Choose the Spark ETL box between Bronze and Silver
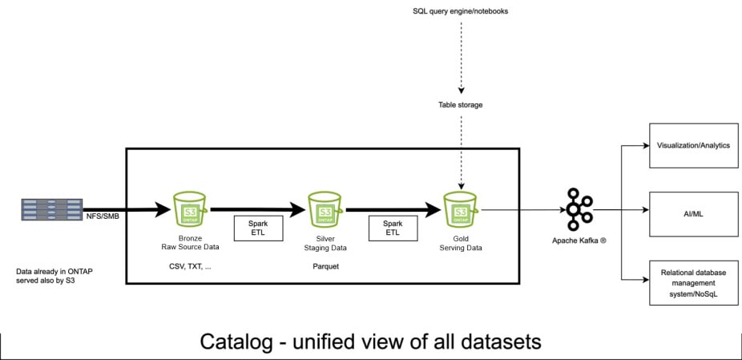(x=258, y=228)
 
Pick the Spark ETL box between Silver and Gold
(x=393, y=228)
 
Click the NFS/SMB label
(x=103, y=216)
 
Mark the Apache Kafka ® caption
(x=579, y=241)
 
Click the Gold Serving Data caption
(x=461, y=243)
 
